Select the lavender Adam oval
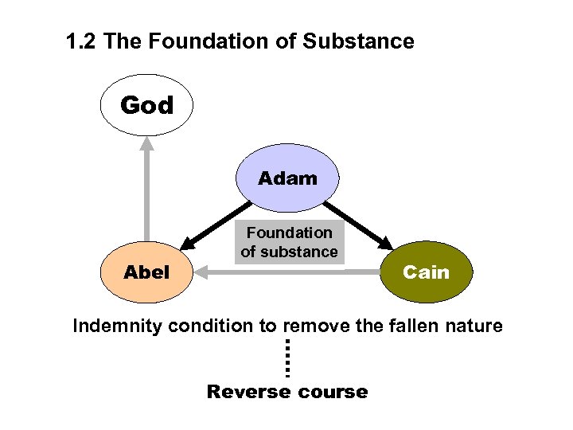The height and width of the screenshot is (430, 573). coord(287,178)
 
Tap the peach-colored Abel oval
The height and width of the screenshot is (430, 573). coord(147,272)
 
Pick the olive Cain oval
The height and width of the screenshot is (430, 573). coord(426,272)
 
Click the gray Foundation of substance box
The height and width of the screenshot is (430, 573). coord(289,242)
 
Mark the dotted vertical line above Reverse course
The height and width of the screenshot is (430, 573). coord(286,358)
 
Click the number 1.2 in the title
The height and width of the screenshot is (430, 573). coord(82,41)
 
